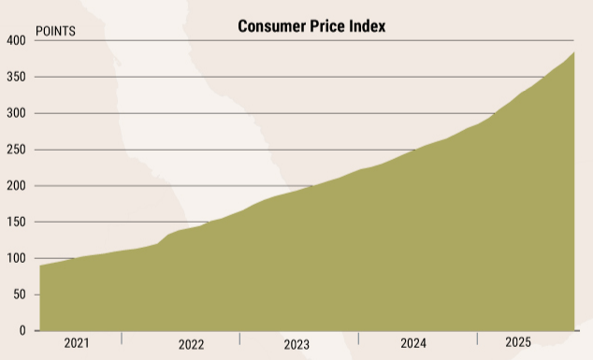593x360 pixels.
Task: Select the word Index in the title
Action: click(x=367, y=26)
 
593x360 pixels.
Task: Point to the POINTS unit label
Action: click(x=55, y=31)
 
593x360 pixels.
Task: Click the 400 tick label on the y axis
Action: click(x=16, y=41)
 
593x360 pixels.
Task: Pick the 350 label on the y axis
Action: click(x=16, y=78)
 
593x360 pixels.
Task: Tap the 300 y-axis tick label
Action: click(x=16, y=113)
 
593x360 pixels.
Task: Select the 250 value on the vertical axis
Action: click(x=16, y=150)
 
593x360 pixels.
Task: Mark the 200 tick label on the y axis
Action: click(x=16, y=186)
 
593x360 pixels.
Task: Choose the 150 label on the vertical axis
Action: click(x=16, y=223)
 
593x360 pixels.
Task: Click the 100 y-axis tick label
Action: click(x=16, y=258)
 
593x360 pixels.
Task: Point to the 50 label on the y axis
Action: click(x=19, y=295)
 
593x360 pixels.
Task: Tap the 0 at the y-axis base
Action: click(x=22, y=331)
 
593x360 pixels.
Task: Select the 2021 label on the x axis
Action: click(x=77, y=343)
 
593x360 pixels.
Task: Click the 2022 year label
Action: click(x=191, y=345)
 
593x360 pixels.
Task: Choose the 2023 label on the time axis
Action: click(x=296, y=345)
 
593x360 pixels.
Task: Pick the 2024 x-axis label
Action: click(x=413, y=343)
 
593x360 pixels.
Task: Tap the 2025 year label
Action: click(x=517, y=342)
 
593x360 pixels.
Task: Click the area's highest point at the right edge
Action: click(x=573, y=53)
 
